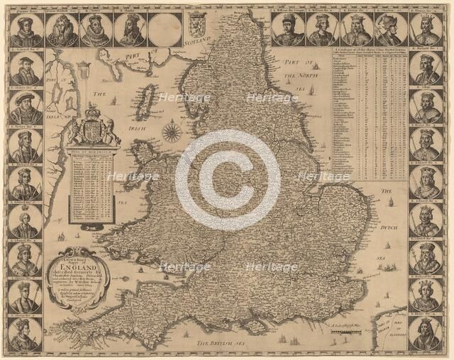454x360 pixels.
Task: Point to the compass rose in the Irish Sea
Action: click(x=172, y=132)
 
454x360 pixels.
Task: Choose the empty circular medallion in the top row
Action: click(x=165, y=29)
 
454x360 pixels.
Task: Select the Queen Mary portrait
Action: click(x=26, y=29)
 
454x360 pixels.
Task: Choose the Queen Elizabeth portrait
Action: click(x=61, y=29)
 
